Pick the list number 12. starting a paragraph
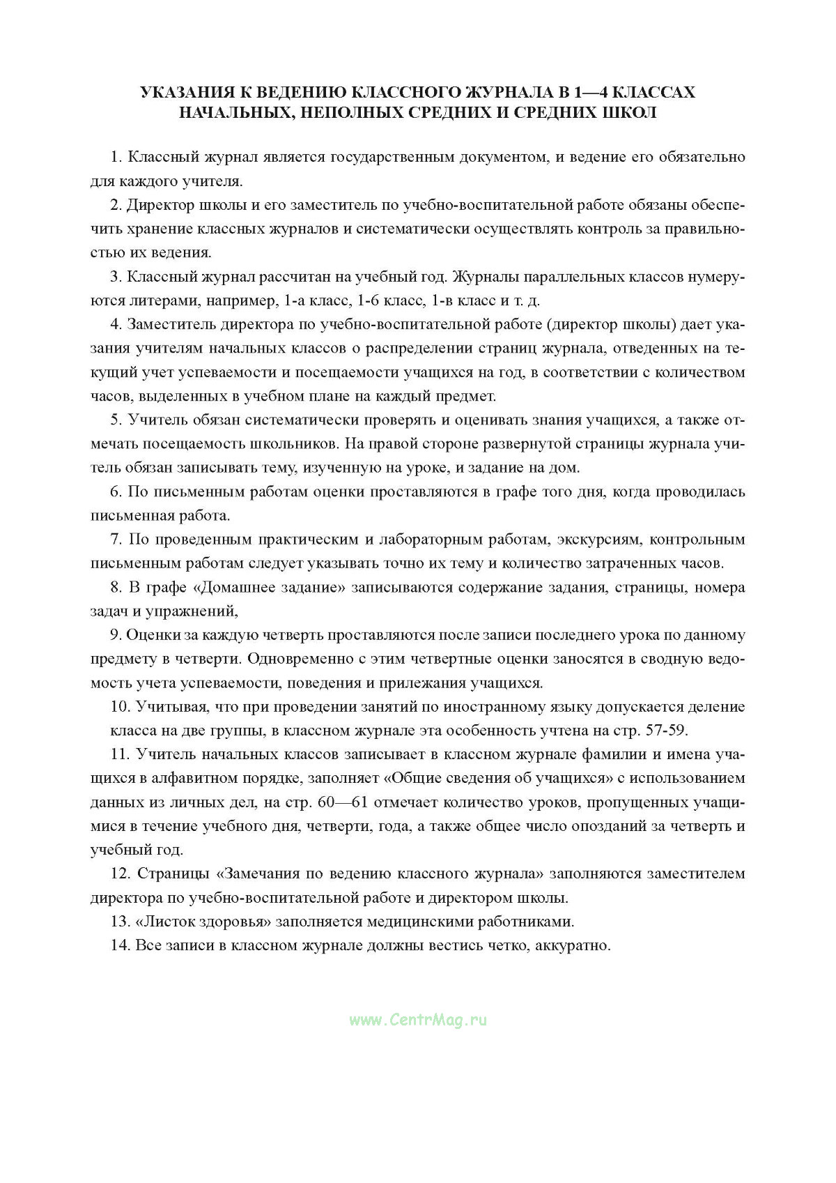coord(121,873)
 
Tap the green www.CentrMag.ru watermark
coord(418,1020)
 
